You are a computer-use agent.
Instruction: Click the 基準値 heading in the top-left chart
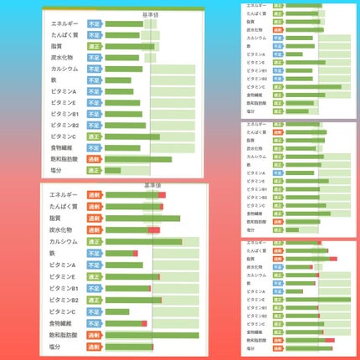coord(152,14)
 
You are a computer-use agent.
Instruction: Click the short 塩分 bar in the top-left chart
coord(112,170)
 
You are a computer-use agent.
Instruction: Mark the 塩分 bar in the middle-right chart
coord(292,229)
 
